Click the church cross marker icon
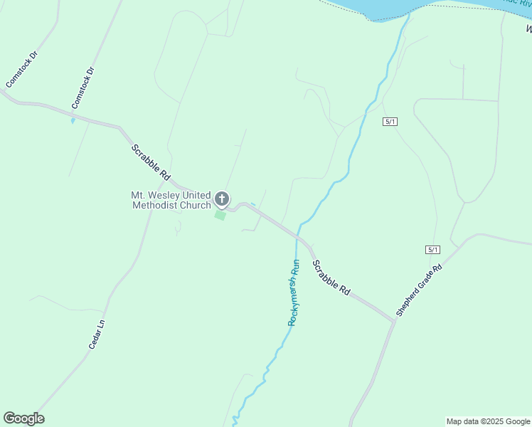click(x=222, y=199)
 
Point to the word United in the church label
click(x=196, y=195)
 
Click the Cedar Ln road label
click(x=97, y=333)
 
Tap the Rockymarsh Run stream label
click(x=294, y=292)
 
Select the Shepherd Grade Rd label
click(x=419, y=290)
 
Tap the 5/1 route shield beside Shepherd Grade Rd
click(x=432, y=249)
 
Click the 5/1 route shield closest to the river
click(x=389, y=122)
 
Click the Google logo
click(x=23, y=418)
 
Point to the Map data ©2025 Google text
click(x=488, y=421)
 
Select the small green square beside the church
click(x=220, y=215)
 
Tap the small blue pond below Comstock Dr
click(x=73, y=120)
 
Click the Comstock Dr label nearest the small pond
click(x=83, y=88)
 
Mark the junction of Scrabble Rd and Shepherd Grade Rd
click(x=393, y=321)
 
